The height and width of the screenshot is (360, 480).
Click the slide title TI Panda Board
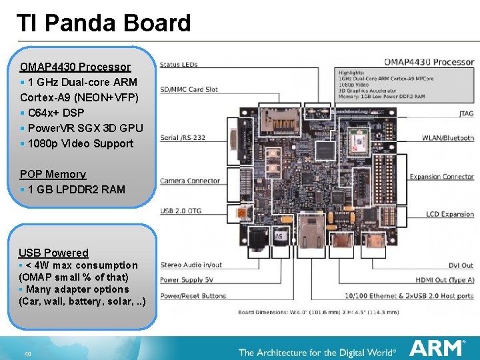click(x=103, y=23)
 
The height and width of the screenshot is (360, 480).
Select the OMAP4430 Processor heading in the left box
click(x=75, y=67)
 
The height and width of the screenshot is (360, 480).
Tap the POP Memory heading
click(x=53, y=174)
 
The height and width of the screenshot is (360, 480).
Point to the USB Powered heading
click(x=53, y=253)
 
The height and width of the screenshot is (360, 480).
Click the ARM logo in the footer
click(x=437, y=349)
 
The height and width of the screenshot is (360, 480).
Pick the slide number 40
click(x=27, y=353)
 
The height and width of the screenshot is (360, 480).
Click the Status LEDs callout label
click(x=179, y=65)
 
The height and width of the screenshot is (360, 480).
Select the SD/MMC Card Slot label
click(x=189, y=89)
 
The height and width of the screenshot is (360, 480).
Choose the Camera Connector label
click(x=190, y=181)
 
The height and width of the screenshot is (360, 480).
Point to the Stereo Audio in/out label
click(x=191, y=265)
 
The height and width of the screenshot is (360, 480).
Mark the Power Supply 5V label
click(x=185, y=280)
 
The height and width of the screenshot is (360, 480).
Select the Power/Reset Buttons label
click(x=192, y=295)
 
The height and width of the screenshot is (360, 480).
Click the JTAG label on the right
click(x=466, y=114)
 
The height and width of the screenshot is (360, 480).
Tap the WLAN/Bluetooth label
click(x=447, y=138)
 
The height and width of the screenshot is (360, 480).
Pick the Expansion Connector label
click(x=441, y=177)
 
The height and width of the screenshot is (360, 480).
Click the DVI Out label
click(x=460, y=265)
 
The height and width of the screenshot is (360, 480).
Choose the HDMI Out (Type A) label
click(x=445, y=280)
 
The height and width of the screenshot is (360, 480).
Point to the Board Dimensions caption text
click(x=319, y=312)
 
